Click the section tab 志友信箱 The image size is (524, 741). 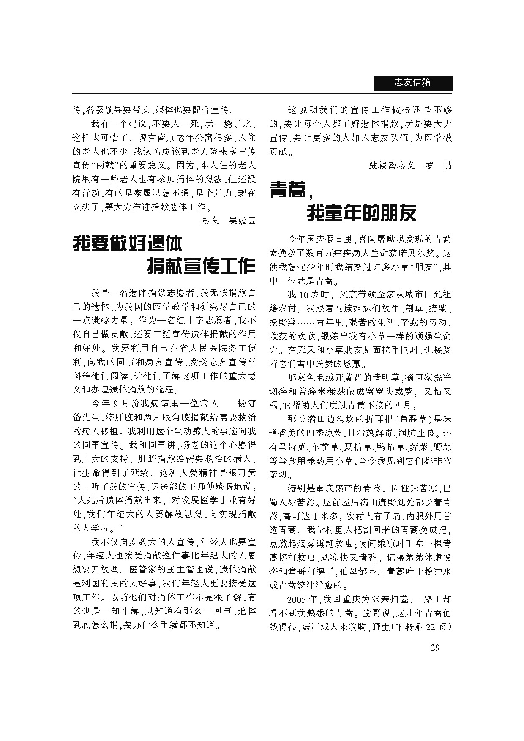[412, 83]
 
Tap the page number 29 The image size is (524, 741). [435, 647]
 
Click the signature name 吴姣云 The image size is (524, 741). [242, 221]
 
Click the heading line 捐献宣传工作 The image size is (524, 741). [201, 266]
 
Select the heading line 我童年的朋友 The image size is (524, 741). [361, 212]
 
